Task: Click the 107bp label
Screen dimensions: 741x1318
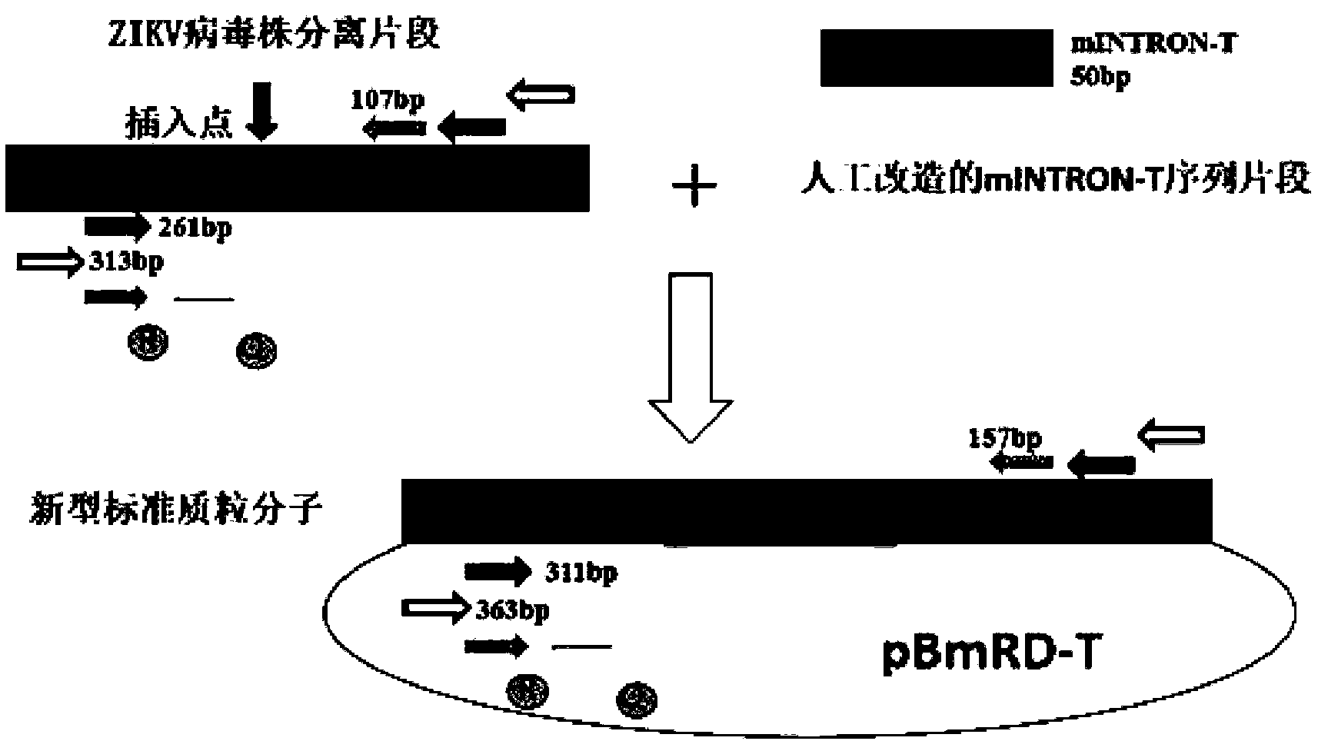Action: point(388,100)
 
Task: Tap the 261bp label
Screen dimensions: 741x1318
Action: point(194,229)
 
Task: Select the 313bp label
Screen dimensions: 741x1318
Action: point(125,262)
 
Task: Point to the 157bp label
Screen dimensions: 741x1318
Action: point(1005,439)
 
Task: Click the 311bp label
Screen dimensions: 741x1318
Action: point(581,573)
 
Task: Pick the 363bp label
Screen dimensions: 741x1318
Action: point(512,610)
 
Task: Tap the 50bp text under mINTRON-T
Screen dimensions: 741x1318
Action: point(1100,78)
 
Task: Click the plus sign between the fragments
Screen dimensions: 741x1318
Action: point(694,187)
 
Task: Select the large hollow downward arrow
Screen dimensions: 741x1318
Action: point(691,357)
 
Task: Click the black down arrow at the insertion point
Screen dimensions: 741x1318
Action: point(262,111)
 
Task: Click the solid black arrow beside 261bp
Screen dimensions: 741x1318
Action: point(117,227)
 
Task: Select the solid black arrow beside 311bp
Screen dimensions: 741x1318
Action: point(498,572)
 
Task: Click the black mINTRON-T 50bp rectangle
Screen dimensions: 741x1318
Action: point(935,58)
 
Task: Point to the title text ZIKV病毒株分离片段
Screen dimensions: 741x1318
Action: point(274,34)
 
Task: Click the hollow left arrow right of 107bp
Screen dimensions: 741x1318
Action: point(541,96)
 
